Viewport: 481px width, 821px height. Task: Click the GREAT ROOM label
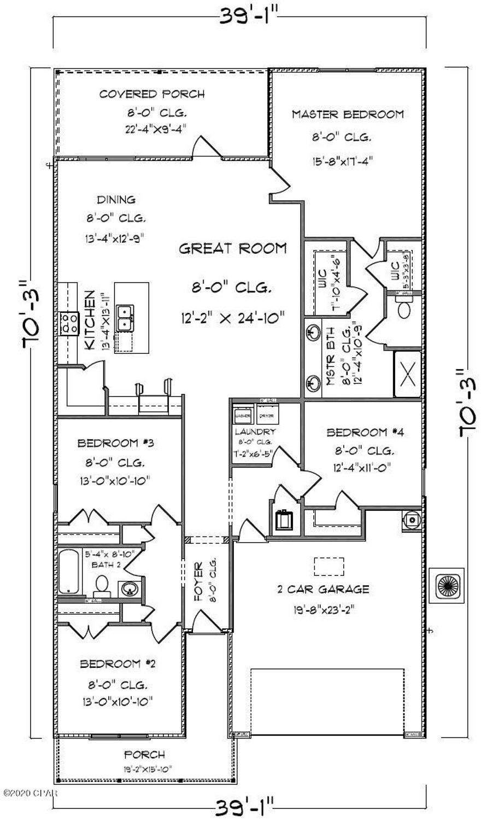[233, 249]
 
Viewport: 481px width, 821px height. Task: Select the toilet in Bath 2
[101, 586]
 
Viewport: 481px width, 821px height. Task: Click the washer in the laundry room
[243, 415]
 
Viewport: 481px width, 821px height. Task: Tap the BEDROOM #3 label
[119, 442]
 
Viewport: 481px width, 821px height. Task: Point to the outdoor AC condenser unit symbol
[446, 585]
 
